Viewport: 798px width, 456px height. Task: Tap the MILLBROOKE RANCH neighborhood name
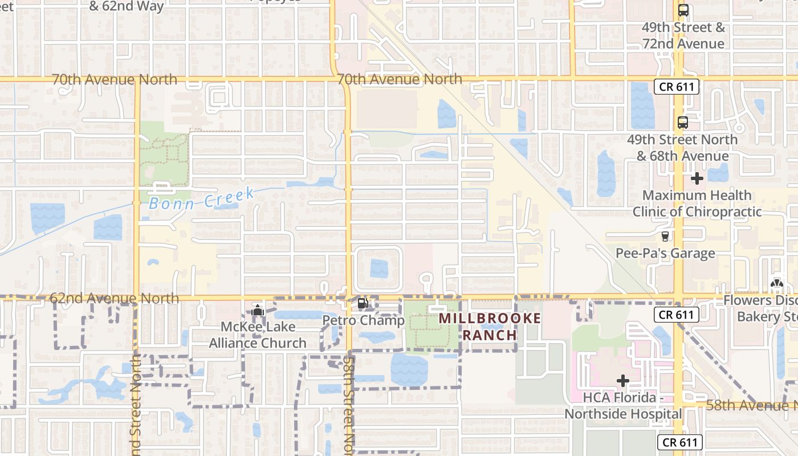click(x=490, y=327)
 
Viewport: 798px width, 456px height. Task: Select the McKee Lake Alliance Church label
click(x=258, y=335)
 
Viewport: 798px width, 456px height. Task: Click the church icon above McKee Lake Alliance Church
click(x=258, y=310)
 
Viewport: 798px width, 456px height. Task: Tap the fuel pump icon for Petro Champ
click(x=363, y=303)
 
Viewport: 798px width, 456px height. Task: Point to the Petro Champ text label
click(x=363, y=320)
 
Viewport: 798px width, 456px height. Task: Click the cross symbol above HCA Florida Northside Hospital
click(x=623, y=380)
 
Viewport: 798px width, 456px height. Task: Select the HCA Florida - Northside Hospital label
click(x=623, y=405)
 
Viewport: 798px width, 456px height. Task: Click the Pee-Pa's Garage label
click(x=665, y=253)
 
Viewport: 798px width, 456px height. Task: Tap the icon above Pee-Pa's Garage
click(x=665, y=236)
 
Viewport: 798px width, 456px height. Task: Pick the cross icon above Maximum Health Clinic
click(x=697, y=179)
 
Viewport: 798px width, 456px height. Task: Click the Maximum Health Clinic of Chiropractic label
click(x=697, y=203)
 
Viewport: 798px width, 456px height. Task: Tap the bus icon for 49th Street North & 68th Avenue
click(x=682, y=122)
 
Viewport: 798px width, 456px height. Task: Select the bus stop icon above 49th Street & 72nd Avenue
click(x=683, y=10)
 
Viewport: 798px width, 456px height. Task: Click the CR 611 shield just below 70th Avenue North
click(x=676, y=87)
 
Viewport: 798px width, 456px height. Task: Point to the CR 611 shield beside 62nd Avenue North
click(x=676, y=314)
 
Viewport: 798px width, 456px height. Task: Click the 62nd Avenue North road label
click(x=114, y=298)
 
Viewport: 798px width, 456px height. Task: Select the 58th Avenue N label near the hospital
click(x=751, y=405)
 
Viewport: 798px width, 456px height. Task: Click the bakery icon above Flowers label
click(x=776, y=283)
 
